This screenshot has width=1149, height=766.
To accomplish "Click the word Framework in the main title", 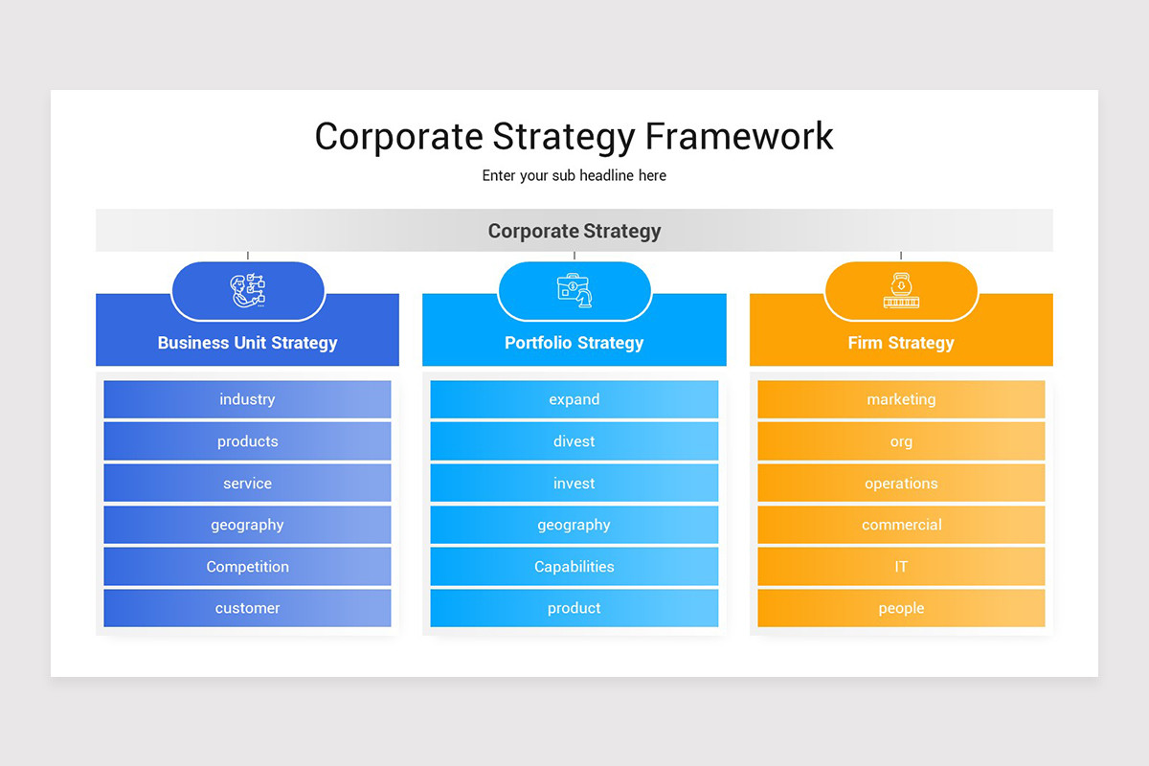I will coord(738,136).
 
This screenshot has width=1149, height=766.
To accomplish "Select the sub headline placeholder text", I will coord(574,176).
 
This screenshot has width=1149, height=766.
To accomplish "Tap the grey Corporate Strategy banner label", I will coord(574,231).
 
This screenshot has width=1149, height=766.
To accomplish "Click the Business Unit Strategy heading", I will coord(247,343).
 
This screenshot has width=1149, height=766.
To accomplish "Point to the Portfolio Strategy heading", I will coord(574,343).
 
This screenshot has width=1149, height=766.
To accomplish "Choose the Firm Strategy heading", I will coord(900,343).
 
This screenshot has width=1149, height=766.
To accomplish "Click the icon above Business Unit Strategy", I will coord(248,290).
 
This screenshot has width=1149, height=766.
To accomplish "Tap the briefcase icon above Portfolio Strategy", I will coord(574,290).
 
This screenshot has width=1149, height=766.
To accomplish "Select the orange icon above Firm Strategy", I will coord(900,290).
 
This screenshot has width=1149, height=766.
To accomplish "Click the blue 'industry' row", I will coord(247,399).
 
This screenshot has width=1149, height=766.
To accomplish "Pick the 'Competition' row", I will coord(247,567).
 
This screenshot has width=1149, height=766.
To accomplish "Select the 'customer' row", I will coord(247,608).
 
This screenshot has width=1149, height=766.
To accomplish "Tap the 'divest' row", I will coord(574,441).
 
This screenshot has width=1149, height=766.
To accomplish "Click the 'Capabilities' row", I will coord(574,567).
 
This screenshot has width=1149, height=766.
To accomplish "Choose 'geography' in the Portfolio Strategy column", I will coord(574,525).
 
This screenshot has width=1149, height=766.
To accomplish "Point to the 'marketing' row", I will coord(900,399).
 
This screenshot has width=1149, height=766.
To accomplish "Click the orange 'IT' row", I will coord(900,567).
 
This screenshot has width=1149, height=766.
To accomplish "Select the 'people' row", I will coord(900,608).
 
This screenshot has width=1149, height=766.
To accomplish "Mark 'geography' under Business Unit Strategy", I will coord(247,525).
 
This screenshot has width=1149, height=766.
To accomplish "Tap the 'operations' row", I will coord(900,484).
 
